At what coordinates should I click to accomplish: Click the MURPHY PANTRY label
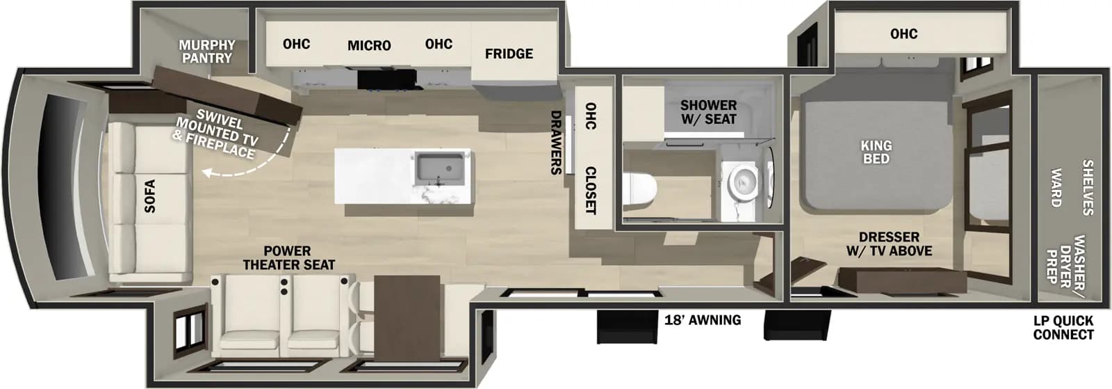207,51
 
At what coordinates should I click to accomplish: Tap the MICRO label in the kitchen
369,46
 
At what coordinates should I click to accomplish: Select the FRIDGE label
509,54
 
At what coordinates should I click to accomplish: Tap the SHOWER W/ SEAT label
708,112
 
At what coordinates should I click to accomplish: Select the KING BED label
876,152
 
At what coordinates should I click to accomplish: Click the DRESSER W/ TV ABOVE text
889,244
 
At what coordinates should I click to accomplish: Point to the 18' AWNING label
702,320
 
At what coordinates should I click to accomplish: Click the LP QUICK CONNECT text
1063,328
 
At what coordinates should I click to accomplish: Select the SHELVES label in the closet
1088,188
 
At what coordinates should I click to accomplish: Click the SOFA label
149,196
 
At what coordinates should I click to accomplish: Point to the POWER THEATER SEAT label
288,258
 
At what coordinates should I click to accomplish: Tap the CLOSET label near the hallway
590,190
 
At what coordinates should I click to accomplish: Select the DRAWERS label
556,143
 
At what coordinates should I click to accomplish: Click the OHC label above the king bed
903,34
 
